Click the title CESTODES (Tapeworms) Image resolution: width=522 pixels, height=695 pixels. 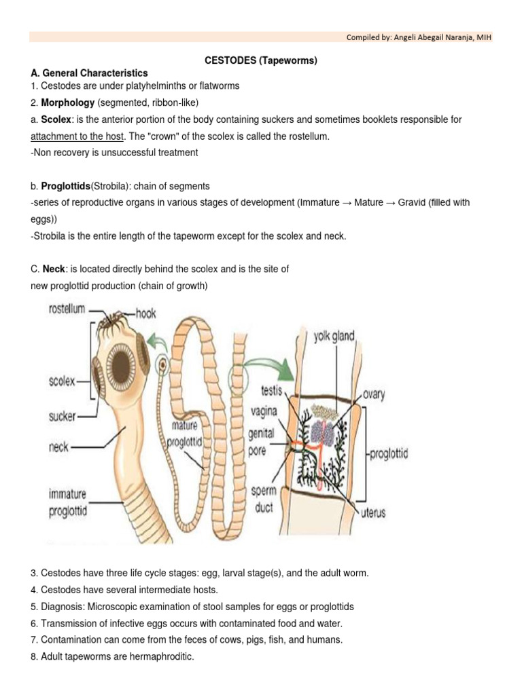(261, 60)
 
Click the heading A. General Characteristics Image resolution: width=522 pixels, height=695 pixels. (89, 73)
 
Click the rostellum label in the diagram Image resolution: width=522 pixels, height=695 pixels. (66, 309)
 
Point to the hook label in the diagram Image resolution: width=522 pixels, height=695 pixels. (146, 313)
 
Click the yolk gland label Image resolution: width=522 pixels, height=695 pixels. (334, 336)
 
